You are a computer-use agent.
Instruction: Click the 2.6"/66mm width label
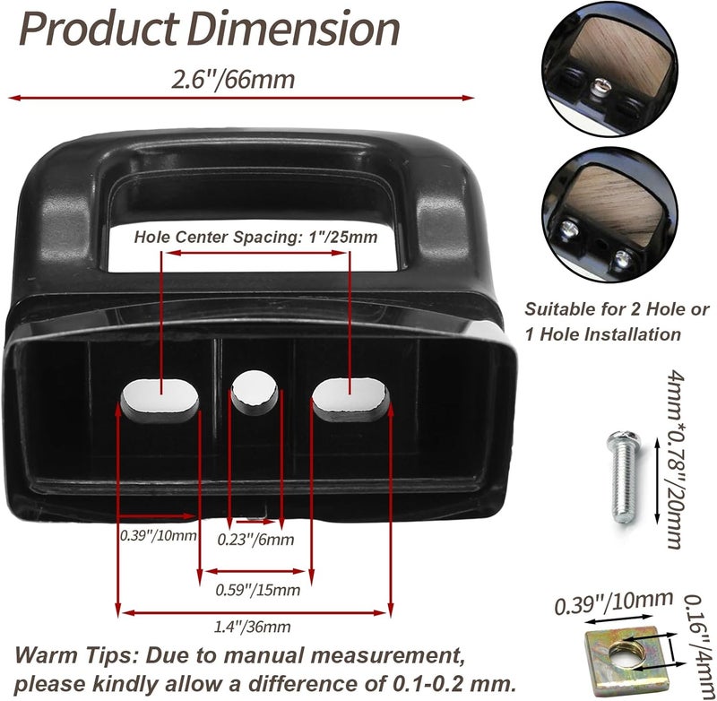[x=233, y=80]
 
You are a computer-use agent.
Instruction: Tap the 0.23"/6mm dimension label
[x=255, y=540]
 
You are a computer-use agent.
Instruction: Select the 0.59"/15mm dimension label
[x=258, y=590]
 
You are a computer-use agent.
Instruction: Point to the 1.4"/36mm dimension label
[x=253, y=627]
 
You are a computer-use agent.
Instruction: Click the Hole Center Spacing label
[x=255, y=238]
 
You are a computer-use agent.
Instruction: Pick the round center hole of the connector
[x=255, y=389]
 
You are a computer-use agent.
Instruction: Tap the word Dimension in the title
[x=293, y=29]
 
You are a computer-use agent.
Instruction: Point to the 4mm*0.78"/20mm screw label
[x=676, y=459]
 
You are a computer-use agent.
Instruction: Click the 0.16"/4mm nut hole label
[x=698, y=645]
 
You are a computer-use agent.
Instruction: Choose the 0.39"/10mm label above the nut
[x=614, y=603]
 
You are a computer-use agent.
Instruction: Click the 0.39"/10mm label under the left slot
[x=159, y=535]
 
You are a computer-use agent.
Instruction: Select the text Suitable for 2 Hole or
[x=617, y=309]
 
